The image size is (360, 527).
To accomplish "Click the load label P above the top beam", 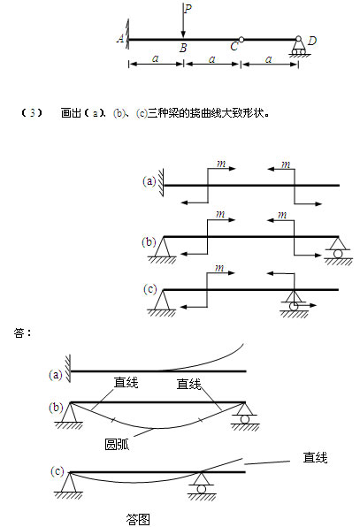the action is [188, 8].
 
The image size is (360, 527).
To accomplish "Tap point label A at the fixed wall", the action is [120, 38].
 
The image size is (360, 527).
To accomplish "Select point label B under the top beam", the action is [183, 48].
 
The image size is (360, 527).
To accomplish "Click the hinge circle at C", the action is [241, 40].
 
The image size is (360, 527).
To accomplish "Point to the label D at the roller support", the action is [312, 41].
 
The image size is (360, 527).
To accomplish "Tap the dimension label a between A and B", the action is [155, 58].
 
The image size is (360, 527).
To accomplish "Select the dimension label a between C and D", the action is [268, 59].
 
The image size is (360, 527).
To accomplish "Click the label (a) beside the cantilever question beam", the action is [149, 181].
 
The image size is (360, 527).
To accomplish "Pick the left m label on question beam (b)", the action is [220, 214].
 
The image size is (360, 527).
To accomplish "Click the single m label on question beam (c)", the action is [219, 268].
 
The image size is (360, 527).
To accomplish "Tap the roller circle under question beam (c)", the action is [294, 306].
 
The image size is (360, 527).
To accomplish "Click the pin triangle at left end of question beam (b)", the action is [163, 247].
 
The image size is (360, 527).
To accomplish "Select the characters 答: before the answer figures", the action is [23, 332].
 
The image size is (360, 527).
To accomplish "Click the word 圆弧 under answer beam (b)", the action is [117, 444].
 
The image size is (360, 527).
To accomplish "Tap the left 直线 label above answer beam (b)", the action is [126, 383].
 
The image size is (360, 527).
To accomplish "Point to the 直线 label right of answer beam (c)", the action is [315, 457].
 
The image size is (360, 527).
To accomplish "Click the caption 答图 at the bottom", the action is [138, 519].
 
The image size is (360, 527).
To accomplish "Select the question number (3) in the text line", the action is [32, 113].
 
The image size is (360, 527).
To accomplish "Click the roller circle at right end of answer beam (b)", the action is [245, 419].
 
